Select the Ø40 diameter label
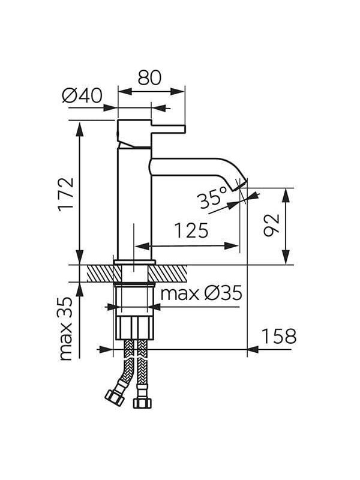click(x=82, y=95)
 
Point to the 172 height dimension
click(x=67, y=193)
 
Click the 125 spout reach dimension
click(x=191, y=230)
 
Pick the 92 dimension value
click(x=272, y=226)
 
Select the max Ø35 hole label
click(x=202, y=293)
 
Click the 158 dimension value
click(x=279, y=336)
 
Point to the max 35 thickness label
click(x=67, y=328)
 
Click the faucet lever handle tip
click(x=184, y=129)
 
